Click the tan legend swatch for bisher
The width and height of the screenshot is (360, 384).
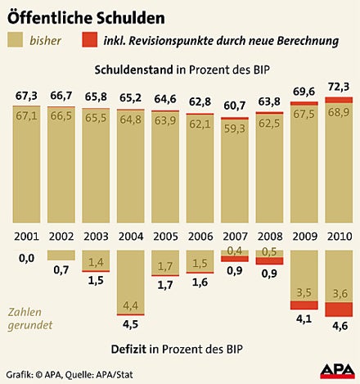22,39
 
